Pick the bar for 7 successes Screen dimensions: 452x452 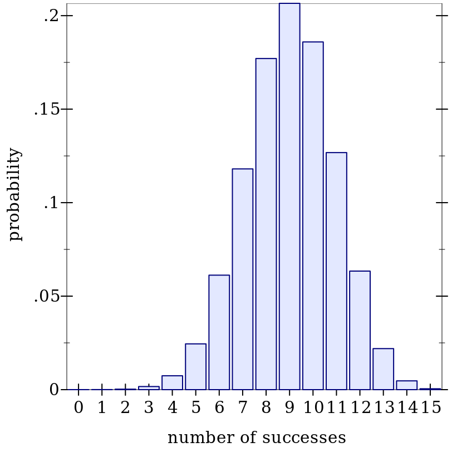coord(243,279)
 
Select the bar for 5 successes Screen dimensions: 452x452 coord(195,367)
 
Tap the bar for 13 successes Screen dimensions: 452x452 coord(383,369)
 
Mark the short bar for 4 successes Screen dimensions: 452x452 coord(172,383)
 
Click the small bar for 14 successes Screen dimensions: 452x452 coord(406,385)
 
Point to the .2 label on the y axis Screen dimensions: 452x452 coord(51,16)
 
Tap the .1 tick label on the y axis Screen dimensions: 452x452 coord(51,203)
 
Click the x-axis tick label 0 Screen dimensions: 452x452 coord(78,408)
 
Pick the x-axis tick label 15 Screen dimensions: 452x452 coord(431,408)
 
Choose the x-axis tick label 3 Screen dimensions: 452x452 coord(149,408)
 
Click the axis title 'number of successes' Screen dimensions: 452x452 coord(257,438)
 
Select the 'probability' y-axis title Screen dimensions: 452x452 coord(15,194)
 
